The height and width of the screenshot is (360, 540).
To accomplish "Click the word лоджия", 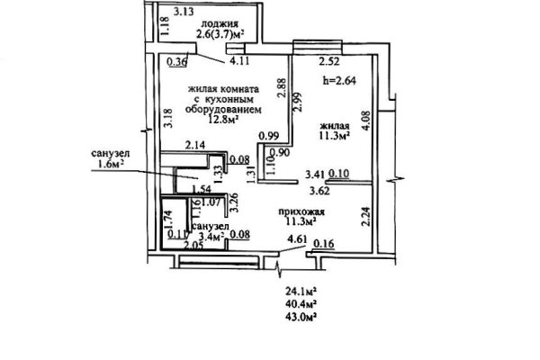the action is (x=220, y=23).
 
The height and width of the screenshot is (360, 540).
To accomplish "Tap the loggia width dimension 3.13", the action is (x=184, y=12).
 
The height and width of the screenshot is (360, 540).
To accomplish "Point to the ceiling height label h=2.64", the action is (x=339, y=80).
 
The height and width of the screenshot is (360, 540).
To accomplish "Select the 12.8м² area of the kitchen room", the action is (x=224, y=119).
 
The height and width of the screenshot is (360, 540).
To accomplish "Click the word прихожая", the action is (x=301, y=211).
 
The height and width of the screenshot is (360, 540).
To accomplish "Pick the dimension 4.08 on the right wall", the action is (x=367, y=121).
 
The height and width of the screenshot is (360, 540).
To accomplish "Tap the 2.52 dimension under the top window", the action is (x=329, y=62).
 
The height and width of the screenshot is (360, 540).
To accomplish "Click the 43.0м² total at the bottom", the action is (x=301, y=317).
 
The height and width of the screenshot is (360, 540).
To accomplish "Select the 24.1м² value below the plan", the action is (x=301, y=292).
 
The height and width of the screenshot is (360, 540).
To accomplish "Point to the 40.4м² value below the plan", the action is (x=301, y=304).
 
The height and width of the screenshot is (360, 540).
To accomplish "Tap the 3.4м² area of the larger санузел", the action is (x=211, y=236).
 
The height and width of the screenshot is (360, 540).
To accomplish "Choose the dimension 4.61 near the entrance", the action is (x=296, y=239).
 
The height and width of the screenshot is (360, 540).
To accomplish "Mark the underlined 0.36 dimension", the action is (x=176, y=62).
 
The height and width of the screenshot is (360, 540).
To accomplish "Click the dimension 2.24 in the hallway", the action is (x=366, y=216).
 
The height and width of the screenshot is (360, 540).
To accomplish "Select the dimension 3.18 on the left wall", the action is (x=168, y=118).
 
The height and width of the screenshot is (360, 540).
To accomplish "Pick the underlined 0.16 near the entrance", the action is (x=324, y=244).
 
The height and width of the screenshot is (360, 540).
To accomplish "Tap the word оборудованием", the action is (x=223, y=110).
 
